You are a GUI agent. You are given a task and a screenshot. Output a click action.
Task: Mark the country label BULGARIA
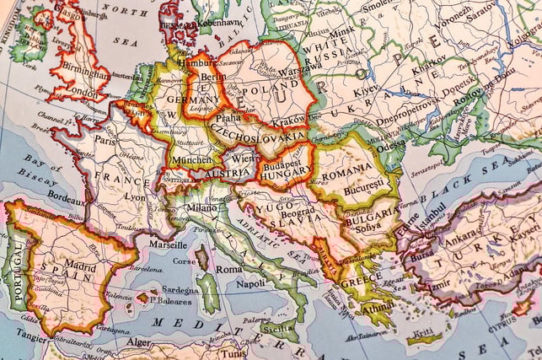point(368,215)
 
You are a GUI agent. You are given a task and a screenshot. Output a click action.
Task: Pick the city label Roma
point(228,269)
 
